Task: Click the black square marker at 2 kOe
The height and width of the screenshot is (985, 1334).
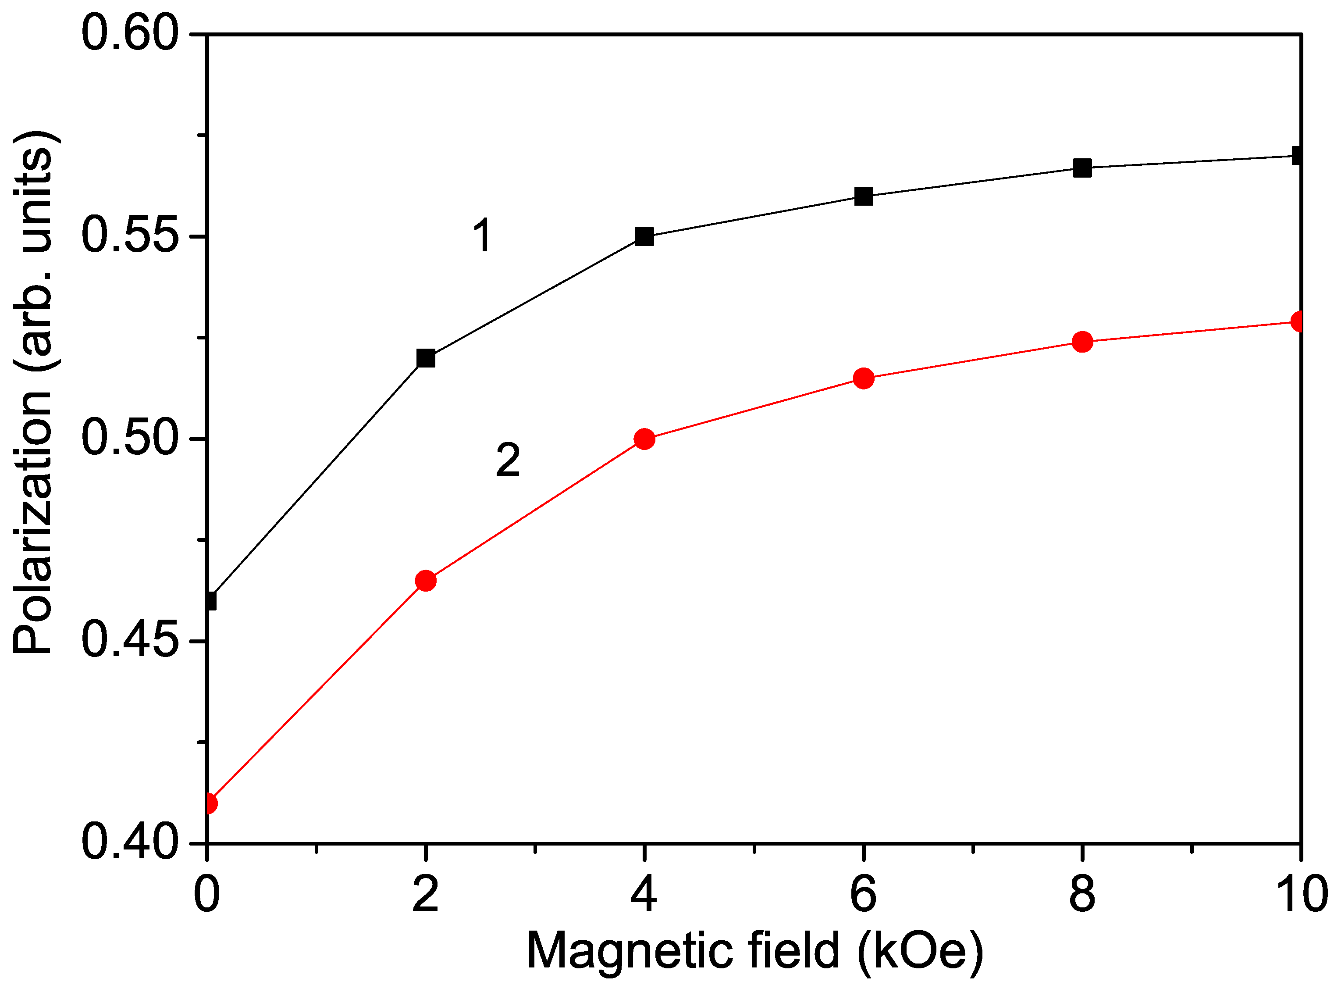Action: tap(426, 358)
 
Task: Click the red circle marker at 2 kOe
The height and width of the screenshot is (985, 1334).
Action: tap(426, 580)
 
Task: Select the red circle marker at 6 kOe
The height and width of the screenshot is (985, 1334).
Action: tap(864, 378)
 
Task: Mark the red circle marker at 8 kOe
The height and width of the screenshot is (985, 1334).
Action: tap(1082, 342)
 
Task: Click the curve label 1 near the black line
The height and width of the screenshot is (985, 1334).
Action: tap(482, 236)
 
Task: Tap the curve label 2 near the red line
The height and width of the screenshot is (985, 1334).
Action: tap(508, 460)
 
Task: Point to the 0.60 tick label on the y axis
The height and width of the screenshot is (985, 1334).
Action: tap(130, 33)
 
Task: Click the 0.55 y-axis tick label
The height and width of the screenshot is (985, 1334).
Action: tap(130, 236)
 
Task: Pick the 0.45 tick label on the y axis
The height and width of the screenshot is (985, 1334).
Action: tap(130, 641)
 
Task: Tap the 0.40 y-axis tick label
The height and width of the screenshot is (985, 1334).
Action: tap(130, 842)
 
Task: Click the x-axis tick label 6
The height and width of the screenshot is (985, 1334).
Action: tap(864, 894)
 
